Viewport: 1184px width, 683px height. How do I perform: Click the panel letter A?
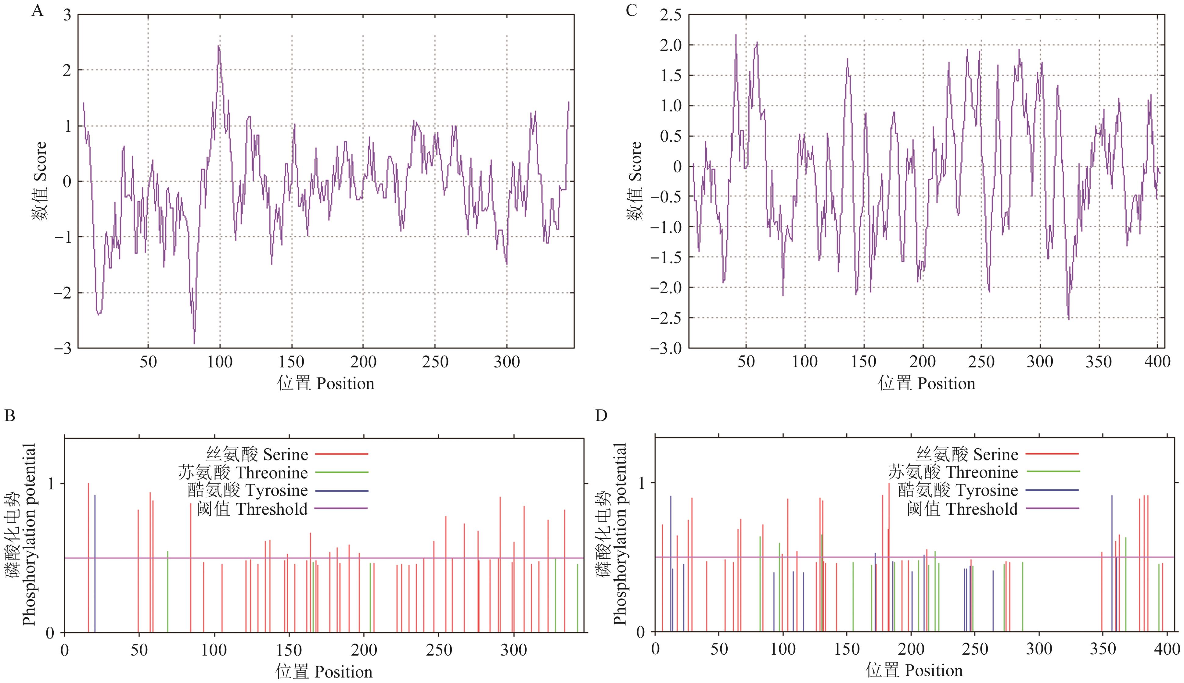[x=37, y=10]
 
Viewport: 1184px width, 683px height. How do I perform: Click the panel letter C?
[x=632, y=10]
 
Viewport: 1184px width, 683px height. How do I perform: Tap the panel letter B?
[x=9, y=416]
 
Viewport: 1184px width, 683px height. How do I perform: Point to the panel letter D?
[x=601, y=416]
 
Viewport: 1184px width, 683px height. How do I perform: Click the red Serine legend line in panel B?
[x=341, y=454]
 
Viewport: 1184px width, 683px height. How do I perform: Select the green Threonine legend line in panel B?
[x=341, y=472]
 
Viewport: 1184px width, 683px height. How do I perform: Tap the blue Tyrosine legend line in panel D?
[x=1052, y=490]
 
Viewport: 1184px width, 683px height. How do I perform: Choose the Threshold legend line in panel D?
[x=1052, y=509]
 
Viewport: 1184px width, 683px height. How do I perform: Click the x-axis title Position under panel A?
[x=326, y=384]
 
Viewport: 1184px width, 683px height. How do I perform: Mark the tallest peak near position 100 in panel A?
[x=218, y=46]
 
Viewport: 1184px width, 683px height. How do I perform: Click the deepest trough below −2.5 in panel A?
[x=194, y=343]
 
